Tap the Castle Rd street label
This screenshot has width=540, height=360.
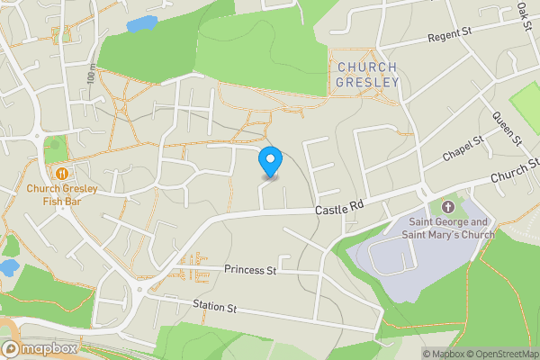tap(338, 208)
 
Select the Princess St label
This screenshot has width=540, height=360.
tap(250, 269)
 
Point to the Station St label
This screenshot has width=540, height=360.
tap(214, 308)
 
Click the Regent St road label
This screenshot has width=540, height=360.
tap(449, 36)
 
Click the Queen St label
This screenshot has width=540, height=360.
tap(506, 129)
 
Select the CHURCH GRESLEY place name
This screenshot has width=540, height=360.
tap(366, 74)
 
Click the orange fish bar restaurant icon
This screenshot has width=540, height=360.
tap(61, 173)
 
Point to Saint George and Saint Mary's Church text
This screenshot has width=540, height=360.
tap(451, 229)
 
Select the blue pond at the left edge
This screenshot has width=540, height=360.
tap(7, 267)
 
